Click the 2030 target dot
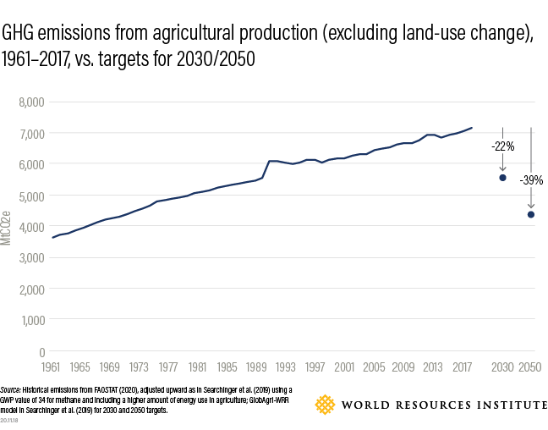click(502, 178)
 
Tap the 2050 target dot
click(531, 214)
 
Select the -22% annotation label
click(502, 146)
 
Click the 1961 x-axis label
click(52, 368)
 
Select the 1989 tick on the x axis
click(255, 368)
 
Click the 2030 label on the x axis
click(502, 368)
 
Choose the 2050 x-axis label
click(530, 368)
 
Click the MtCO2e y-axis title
click(7, 229)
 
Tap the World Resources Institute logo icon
click(326, 405)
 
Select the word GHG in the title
click(19, 35)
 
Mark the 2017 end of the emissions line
click(472, 128)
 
